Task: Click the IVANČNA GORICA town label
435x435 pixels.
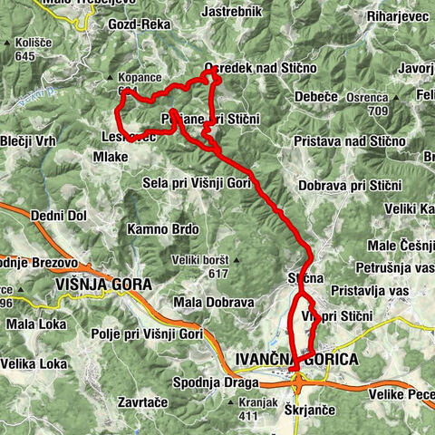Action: point(295,360)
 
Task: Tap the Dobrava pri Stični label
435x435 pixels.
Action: point(349,185)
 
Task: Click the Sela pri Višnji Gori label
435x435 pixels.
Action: point(197,182)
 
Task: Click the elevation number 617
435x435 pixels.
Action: point(217,273)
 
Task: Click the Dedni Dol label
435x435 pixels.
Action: point(58,216)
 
